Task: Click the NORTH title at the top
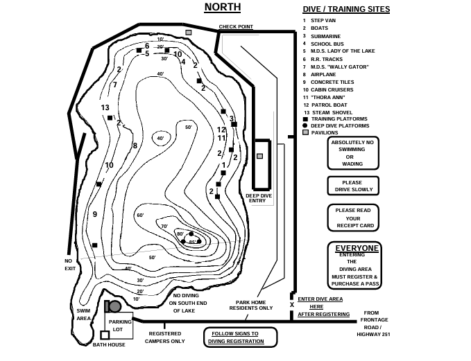pyautogui.click(x=222, y=8)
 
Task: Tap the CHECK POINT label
pyautogui.click(x=236, y=27)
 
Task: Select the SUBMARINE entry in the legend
pyautogui.click(x=325, y=36)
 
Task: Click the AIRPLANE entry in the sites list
pyautogui.click(x=323, y=74)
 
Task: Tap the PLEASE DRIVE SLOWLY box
pyautogui.click(x=354, y=186)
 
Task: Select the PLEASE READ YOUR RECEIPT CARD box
pyautogui.click(x=354, y=218)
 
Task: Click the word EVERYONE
pyautogui.click(x=357, y=248)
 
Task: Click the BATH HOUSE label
pyautogui.click(x=109, y=344)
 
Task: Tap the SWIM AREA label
pyautogui.click(x=83, y=315)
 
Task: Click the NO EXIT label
pyautogui.click(x=69, y=265)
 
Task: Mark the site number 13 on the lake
pyautogui.click(x=105, y=107)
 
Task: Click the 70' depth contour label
pyautogui.click(x=164, y=227)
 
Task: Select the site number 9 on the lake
pyautogui.click(x=95, y=215)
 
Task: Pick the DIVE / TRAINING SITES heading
pyautogui.click(x=346, y=10)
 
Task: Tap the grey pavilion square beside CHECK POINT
pyautogui.click(x=188, y=32)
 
